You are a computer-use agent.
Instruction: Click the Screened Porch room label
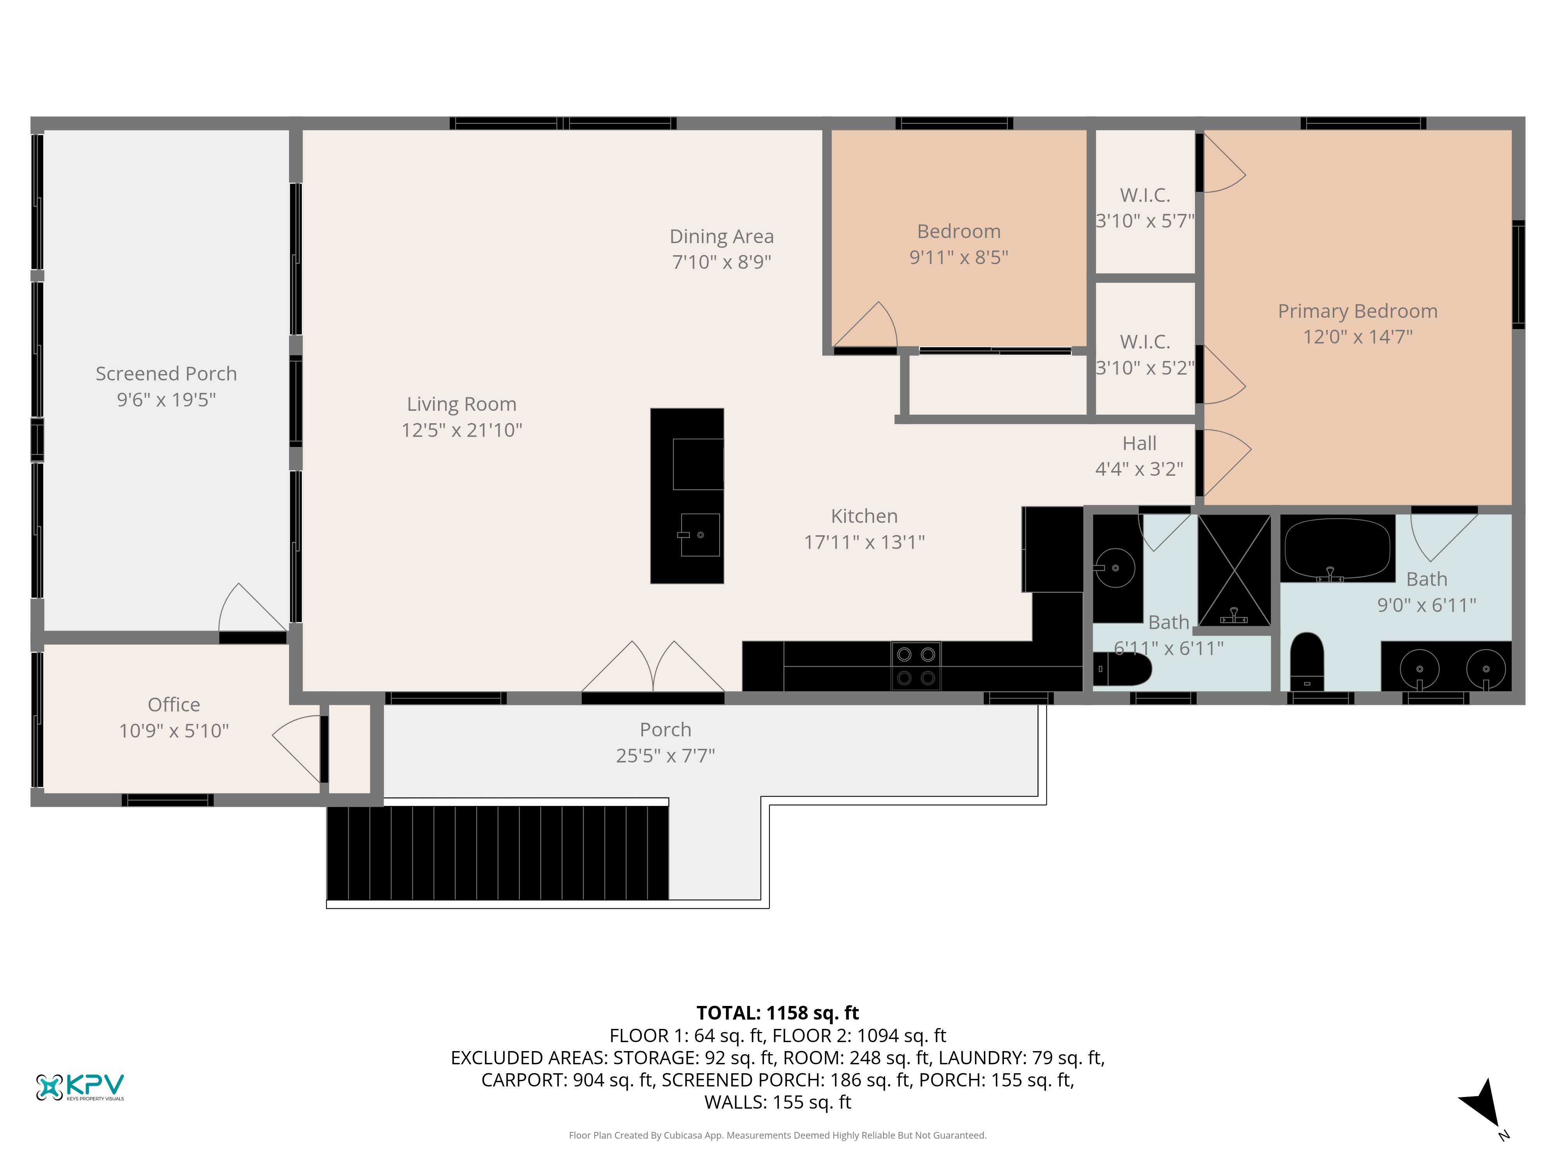pos(166,373)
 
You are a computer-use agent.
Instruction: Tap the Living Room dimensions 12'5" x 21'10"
pos(461,430)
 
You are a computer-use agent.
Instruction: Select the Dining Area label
pos(722,237)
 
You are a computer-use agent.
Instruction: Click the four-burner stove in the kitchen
pos(916,666)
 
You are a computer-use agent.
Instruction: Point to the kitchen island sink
pos(700,534)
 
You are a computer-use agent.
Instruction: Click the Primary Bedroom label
pos(1358,311)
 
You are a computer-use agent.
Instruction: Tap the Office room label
pos(174,705)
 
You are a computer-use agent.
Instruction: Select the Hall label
pos(1139,443)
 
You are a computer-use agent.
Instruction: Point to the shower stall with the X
pos(1235,571)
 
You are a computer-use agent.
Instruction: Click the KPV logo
pos(80,1087)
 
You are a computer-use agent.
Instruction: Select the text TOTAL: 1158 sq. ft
pos(777,1013)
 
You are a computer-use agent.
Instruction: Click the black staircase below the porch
pos(497,853)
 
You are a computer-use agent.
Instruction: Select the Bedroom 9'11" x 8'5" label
pos(959,244)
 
